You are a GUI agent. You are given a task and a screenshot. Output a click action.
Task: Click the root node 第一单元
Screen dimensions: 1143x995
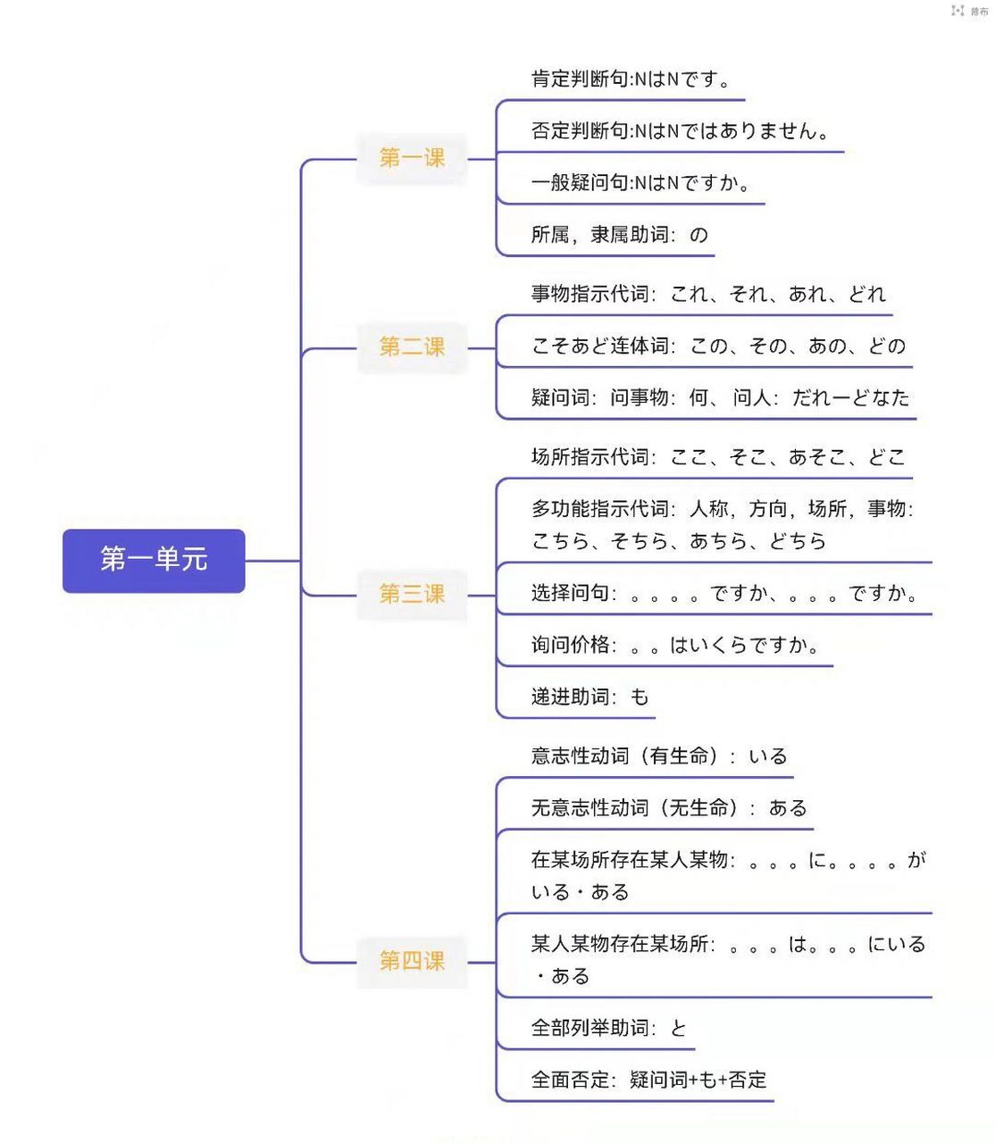(154, 560)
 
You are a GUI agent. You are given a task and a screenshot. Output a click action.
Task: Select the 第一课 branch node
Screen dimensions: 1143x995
(412, 158)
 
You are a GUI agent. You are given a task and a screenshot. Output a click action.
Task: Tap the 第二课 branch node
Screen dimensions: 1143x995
(412, 346)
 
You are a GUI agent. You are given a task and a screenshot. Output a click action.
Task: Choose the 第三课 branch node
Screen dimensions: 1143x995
(412, 594)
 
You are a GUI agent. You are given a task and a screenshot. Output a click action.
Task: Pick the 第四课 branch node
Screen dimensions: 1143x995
(412, 961)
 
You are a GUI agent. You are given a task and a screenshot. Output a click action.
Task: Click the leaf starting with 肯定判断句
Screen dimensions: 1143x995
(631, 79)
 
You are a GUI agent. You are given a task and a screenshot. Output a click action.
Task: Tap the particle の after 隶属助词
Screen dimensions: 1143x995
(698, 235)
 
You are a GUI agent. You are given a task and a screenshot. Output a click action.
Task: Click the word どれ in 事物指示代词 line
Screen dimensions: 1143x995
(867, 294)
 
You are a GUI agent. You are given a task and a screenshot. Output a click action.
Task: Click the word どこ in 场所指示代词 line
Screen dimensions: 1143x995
(887, 457)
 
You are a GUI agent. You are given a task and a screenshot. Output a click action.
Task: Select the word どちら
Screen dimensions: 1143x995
(798, 541)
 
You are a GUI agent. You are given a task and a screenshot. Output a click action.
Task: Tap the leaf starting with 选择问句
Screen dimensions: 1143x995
(723, 593)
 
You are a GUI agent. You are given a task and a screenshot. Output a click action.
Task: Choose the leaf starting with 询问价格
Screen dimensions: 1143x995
(675, 645)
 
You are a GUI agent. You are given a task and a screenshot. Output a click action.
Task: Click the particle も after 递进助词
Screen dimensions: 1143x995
(640, 697)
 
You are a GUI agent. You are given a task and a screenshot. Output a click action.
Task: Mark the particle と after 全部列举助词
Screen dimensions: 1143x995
(679, 1028)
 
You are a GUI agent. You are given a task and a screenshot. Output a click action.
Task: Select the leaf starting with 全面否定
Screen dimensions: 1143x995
(648, 1080)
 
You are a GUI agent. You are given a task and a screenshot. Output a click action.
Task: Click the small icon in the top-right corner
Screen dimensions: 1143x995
(957, 11)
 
